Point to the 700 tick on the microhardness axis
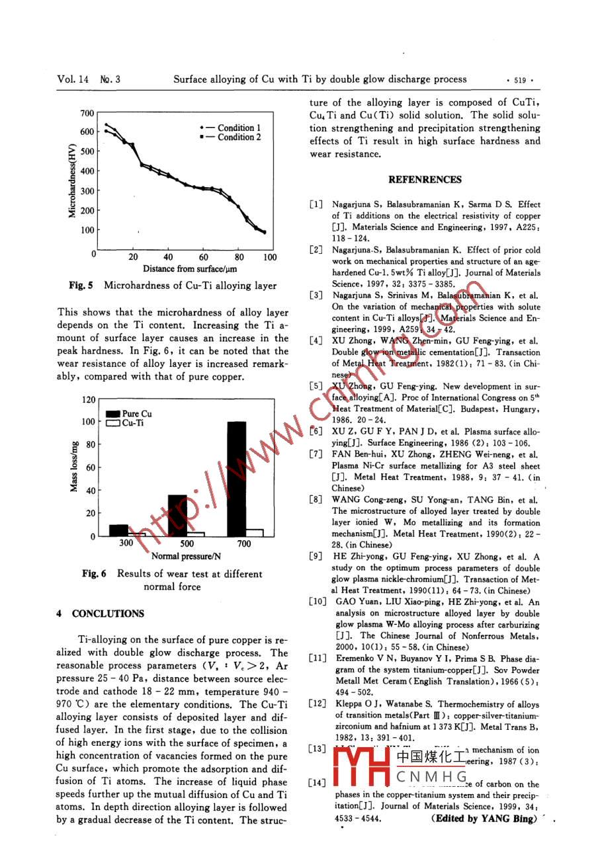[x=87, y=113]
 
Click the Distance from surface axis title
[x=190, y=269]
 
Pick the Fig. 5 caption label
[x=81, y=286]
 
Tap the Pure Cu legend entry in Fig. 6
[x=130, y=414]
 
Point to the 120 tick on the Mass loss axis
[x=88, y=399]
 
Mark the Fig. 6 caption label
[x=94, y=574]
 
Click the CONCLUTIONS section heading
[x=108, y=614]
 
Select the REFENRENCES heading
[x=425, y=180]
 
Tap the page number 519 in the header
[x=519, y=80]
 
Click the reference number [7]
[x=316, y=454]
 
